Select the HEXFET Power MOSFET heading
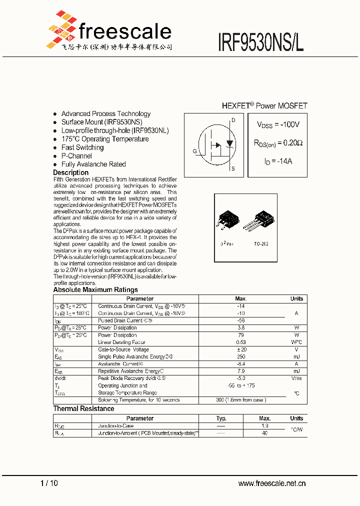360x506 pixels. [264, 106]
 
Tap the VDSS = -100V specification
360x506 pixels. [278, 124]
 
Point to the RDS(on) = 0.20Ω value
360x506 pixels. [278, 143]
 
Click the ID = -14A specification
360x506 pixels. [278, 161]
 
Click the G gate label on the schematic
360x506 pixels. [194, 151]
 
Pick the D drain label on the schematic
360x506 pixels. [232, 120]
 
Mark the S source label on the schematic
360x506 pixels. [232, 169]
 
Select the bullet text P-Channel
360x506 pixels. [76, 156]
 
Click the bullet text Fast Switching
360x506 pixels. [82, 147]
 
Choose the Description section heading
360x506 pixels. [70, 172]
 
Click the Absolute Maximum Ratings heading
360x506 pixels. [95, 289]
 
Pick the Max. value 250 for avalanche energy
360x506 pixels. [240, 357]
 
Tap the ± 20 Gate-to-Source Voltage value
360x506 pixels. [240, 349]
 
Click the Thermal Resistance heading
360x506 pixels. [83, 408]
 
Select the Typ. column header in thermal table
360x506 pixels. [221, 418]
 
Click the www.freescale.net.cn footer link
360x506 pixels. [271, 483]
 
